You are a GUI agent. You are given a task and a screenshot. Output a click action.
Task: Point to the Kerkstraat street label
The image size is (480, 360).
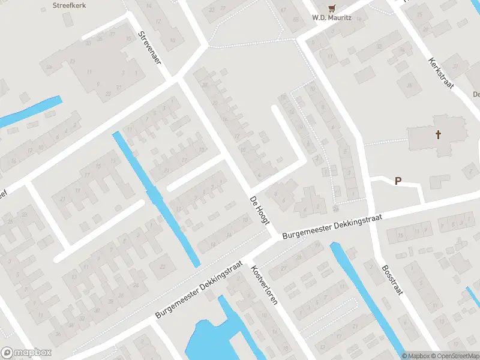pyautogui.click(x=441, y=73)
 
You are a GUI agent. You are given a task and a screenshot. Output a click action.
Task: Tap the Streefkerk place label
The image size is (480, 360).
pyautogui.click(x=70, y=5)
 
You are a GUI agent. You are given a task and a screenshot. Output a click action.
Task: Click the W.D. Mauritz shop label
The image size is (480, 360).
pyautogui.click(x=331, y=17)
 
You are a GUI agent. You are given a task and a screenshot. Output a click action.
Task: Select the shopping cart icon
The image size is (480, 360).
pyautogui.click(x=331, y=7)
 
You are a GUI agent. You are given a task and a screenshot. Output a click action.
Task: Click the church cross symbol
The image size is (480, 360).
pyautogui.click(x=439, y=134)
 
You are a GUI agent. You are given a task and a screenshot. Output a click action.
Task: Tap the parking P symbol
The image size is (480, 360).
pyautogui.click(x=397, y=181)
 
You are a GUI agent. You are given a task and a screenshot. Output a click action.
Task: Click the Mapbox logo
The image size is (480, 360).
pyautogui.click(x=26, y=353)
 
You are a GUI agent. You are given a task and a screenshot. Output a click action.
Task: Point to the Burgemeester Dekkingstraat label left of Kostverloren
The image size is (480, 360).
pyautogui.click(x=199, y=289)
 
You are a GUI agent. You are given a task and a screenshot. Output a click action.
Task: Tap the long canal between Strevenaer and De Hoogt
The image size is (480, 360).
pyautogui.click(x=156, y=198)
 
